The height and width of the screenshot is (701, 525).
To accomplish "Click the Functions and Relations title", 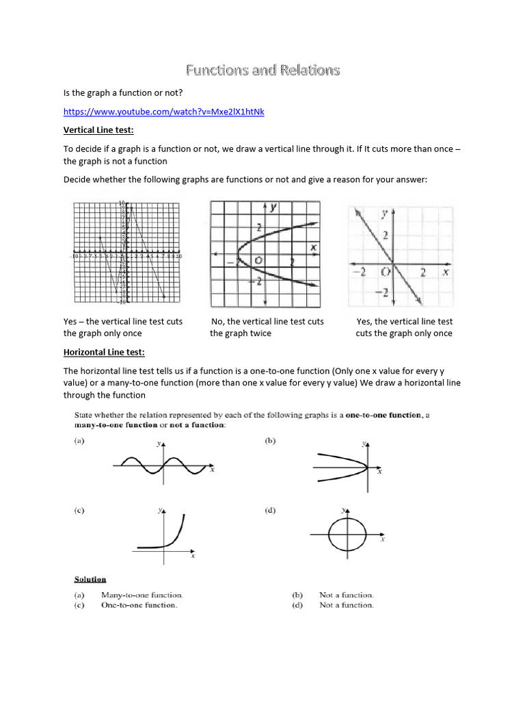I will tap(262, 70).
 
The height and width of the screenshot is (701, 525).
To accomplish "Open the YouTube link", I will tap(163, 112).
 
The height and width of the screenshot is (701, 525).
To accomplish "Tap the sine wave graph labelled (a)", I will tap(162, 466).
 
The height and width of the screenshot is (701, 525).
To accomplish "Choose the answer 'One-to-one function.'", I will tap(139, 605).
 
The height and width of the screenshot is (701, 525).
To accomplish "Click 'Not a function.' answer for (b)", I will tap(347, 595).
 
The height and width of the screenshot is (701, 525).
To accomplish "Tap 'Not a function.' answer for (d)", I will tap(347, 605).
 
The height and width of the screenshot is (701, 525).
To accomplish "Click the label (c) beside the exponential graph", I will tap(79, 510).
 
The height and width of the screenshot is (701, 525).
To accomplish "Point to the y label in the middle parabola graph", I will tap(273, 207).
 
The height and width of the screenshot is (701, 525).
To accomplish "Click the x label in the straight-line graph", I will tap(444, 272).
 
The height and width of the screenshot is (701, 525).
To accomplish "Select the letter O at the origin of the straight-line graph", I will tap(386, 272).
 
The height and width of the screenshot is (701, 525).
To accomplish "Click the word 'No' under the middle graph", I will tap(217, 321).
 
